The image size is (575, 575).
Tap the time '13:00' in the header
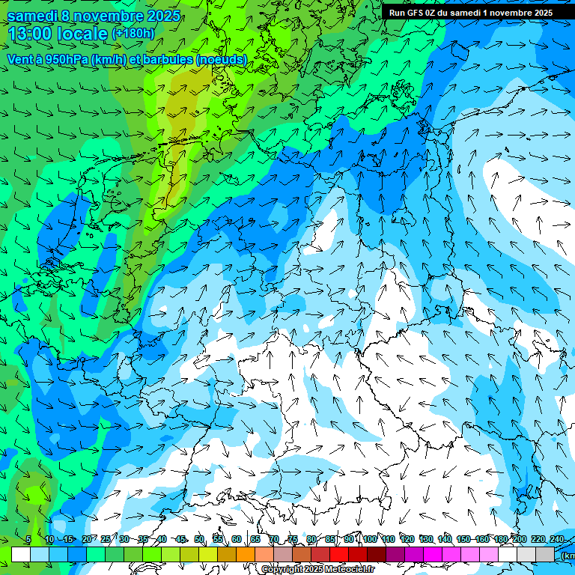pos(34,34)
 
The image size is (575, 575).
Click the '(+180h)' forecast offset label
pos(133,34)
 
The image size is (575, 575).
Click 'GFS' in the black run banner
pos(417,13)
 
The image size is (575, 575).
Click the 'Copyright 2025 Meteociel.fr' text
pos(317,570)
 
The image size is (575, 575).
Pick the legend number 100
pos(370,539)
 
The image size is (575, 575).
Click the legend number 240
pos(557,539)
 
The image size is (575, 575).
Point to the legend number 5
pos(28,539)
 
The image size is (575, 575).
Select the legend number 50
pos(199,539)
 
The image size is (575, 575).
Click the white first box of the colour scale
pos(21,554)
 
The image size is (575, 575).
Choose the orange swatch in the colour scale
pos(246,554)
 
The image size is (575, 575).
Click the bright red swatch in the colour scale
pos(339,554)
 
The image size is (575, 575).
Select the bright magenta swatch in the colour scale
pos(433,554)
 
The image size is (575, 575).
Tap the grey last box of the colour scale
pos(545,554)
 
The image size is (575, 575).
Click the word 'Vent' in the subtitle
pos(20,59)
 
